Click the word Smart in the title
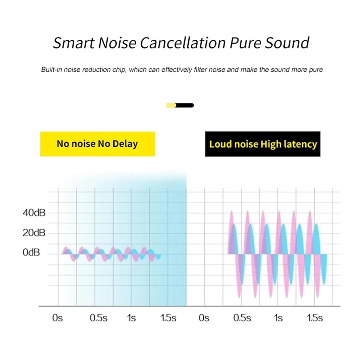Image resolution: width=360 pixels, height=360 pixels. [73, 43]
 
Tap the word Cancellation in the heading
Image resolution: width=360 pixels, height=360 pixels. [183, 43]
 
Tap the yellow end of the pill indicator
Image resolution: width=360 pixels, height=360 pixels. [171, 105]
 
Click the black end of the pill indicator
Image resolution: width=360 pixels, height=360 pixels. [186, 105]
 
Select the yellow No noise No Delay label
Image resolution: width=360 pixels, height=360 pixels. [97, 144]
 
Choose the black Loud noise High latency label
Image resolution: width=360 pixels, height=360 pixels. [263, 144]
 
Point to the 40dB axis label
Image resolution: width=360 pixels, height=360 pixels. [34, 213]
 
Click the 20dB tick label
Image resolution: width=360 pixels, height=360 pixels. [34, 233]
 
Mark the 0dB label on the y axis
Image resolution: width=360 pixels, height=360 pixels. [31, 253]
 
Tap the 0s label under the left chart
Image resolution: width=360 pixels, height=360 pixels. [57, 318]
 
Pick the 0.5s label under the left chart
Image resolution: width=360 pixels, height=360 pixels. [98, 318]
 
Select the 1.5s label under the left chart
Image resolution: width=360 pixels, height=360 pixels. [168, 318]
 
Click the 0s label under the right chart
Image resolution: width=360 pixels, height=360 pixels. [204, 318]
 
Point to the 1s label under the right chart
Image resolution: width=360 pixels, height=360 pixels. [278, 318]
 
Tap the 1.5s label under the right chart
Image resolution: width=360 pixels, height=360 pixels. [315, 318]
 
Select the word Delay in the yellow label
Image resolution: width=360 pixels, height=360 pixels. [125, 144]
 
